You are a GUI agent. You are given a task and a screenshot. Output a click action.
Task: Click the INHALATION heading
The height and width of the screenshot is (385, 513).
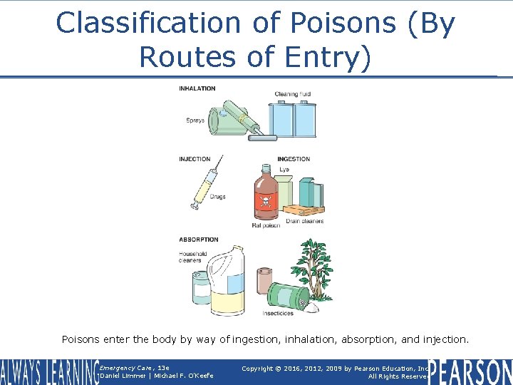pyautogui.click(x=197, y=88)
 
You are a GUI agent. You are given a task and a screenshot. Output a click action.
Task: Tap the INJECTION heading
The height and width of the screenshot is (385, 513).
pyautogui.click(x=195, y=159)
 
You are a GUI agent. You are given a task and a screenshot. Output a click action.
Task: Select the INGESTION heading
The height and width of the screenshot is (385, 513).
pyautogui.click(x=294, y=159)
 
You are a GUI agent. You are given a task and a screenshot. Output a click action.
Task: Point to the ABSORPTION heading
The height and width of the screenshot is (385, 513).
pyautogui.click(x=199, y=240)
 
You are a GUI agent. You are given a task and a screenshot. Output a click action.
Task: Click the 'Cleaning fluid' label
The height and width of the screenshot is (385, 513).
pyautogui.click(x=293, y=95)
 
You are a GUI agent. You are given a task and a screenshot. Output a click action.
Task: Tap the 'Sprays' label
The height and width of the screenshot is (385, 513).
pyautogui.click(x=195, y=120)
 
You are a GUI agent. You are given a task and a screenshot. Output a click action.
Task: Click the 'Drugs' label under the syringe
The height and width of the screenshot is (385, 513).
pyautogui.click(x=217, y=197)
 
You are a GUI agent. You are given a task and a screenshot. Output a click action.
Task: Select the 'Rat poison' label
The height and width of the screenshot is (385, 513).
pyautogui.click(x=266, y=225)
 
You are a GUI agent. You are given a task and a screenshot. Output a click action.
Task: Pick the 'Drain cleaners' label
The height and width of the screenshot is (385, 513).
pyautogui.click(x=305, y=221)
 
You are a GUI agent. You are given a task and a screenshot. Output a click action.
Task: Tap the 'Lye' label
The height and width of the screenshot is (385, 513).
pyautogui.click(x=284, y=170)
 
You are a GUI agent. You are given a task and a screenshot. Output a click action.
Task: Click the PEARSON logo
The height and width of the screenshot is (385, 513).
pyautogui.click(x=470, y=371)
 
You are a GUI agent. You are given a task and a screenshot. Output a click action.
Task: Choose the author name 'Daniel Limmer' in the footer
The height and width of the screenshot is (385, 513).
pyautogui.click(x=122, y=376)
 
